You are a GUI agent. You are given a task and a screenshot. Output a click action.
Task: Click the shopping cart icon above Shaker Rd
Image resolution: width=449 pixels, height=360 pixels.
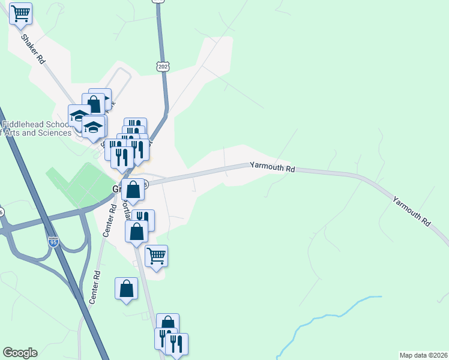tap(21, 14)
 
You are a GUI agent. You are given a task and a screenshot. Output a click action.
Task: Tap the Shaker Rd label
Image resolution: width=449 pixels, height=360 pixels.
tap(33, 49)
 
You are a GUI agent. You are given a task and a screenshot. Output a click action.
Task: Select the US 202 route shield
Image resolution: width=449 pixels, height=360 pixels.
tap(163, 67)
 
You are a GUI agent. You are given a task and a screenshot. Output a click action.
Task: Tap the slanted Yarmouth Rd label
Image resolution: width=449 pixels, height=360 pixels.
tap(412, 211)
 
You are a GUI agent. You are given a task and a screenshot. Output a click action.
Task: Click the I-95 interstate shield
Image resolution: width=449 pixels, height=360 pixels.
tap(54, 242)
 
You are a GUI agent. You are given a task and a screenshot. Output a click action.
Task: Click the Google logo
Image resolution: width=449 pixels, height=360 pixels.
tap(20, 353)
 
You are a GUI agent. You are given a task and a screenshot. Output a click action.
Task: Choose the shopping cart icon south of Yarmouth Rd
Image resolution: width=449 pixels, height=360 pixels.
tap(156, 256)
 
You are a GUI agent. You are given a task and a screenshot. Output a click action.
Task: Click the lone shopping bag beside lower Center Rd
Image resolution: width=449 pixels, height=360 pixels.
tap(127, 289)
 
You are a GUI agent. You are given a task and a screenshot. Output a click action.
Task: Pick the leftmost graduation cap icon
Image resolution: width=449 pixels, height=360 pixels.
tap(79, 115)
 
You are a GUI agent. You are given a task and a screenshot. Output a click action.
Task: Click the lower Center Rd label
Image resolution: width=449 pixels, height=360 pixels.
tap(94, 289)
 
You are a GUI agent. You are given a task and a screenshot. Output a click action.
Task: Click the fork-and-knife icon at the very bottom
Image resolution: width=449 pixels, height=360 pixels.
tap(176, 344)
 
